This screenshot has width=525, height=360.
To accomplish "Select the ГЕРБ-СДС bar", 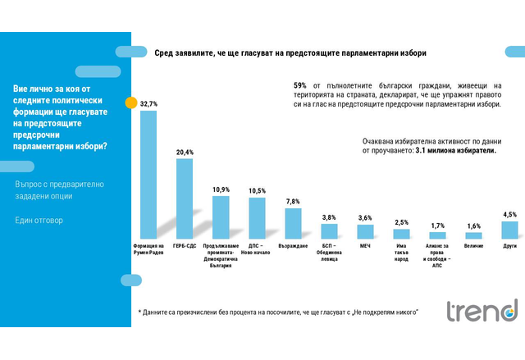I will pyautogui.click(x=185, y=198).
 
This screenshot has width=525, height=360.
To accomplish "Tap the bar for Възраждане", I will pyautogui.click(x=293, y=222).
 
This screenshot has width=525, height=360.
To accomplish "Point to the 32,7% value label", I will pyautogui.click(x=148, y=104).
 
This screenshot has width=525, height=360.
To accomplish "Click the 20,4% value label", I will pyautogui.click(x=185, y=153).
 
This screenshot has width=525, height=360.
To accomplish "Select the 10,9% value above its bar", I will pyautogui.click(x=221, y=189).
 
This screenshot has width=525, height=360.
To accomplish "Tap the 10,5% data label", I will pyautogui.click(x=257, y=191).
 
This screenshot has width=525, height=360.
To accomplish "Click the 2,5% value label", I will pyautogui.click(x=401, y=222).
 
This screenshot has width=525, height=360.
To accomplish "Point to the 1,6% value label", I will pyautogui.click(x=473, y=226).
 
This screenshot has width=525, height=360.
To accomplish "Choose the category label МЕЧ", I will pyautogui.click(x=365, y=244).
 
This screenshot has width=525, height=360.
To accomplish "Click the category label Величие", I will pyautogui.click(x=473, y=244).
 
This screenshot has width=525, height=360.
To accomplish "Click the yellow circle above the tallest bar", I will pyautogui.click(x=130, y=104).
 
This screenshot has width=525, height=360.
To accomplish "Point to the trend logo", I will pyautogui.click(x=482, y=311).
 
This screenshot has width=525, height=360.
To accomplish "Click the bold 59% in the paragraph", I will pyautogui.click(x=299, y=85).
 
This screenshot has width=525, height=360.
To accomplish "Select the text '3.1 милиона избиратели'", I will pyautogui.click(x=456, y=151).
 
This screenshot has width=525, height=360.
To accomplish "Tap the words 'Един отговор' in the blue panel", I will pyautogui.click(x=39, y=221).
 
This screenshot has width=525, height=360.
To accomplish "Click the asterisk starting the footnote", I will pyautogui.click(x=140, y=312).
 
